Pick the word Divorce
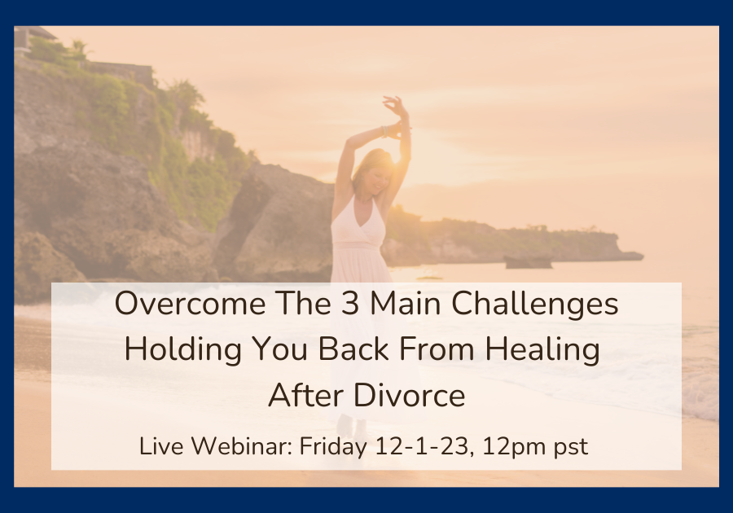[x=409, y=395]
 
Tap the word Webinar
[x=242, y=446]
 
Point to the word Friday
[x=333, y=448]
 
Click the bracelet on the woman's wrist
[x=385, y=131]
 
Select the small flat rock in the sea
[x=529, y=262]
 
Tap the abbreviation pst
[x=571, y=448]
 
